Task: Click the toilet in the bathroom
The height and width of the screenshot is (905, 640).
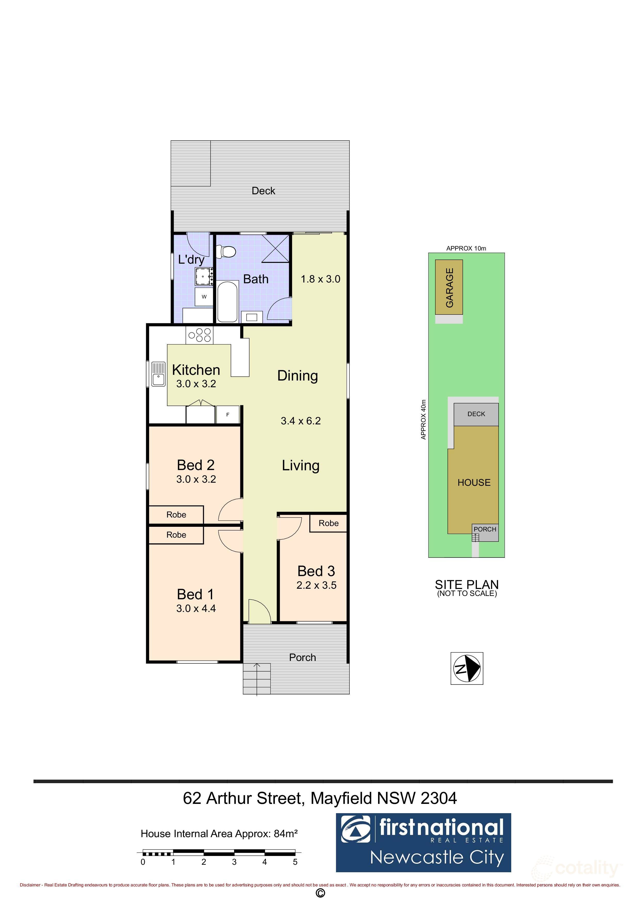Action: pyautogui.click(x=228, y=251)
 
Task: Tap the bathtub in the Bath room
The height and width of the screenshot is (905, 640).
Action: pyautogui.click(x=228, y=302)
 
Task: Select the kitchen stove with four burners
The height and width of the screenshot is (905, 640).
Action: pyautogui.click(x=199, y=335)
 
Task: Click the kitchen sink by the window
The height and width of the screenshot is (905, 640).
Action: pyautogui.click(x=158, y=374)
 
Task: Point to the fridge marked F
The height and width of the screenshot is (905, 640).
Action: pyautogui.click(x=228, y=415)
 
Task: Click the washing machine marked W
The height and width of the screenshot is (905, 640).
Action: pyautogui.click(x=204, y=297)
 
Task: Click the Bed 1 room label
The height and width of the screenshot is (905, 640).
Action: pyautogui.click(x=195, y=594)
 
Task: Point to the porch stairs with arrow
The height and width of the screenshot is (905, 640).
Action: pyautogui.click(x=257, y=678)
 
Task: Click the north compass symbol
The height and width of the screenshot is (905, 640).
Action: pyautogui.click(x=467, y=668)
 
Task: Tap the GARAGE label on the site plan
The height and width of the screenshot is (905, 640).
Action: pyautogui.click(x=449, y=287)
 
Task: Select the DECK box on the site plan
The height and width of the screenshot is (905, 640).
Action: pyautogui.click(x=476, y=414)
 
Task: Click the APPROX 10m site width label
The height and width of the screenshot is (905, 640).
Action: pyautogui.click(x=466, y=248)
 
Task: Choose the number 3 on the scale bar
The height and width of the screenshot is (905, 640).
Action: pyautogui.click(x=234, y=862)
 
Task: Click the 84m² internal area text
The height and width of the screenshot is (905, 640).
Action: pyautogui.click(x=285, y=834)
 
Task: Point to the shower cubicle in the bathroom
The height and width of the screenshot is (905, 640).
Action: pyautogui.click(x=275, y=248)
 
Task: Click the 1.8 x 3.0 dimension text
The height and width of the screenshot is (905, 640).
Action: pyautogui.click(x=320, y=279)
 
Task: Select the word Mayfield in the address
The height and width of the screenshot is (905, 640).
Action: pyautogui.click(x=341, y=798)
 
